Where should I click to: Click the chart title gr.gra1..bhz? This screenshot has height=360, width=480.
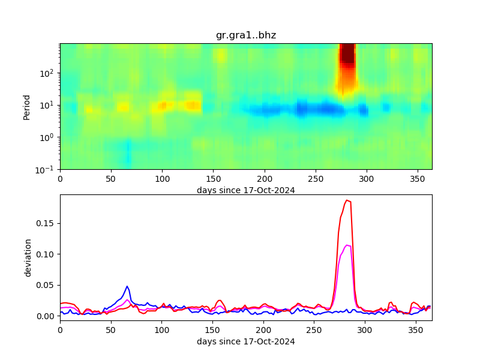[246, 35]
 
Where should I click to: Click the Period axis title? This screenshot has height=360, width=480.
[26, 106]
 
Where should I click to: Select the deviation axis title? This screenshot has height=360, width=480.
[28, 257]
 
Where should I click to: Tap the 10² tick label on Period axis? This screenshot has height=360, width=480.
[49, 73]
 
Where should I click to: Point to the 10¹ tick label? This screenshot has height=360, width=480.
[49, 105]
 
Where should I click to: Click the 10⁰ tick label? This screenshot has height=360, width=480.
[49, 137]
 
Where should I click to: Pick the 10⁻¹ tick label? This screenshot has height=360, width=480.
[48, 170]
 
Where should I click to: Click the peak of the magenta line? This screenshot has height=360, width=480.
[347, 245]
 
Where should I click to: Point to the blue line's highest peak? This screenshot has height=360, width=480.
[127, 286]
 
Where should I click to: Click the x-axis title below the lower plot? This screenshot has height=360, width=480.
[246, 341]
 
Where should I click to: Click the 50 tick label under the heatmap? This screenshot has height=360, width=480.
[111, 179]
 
